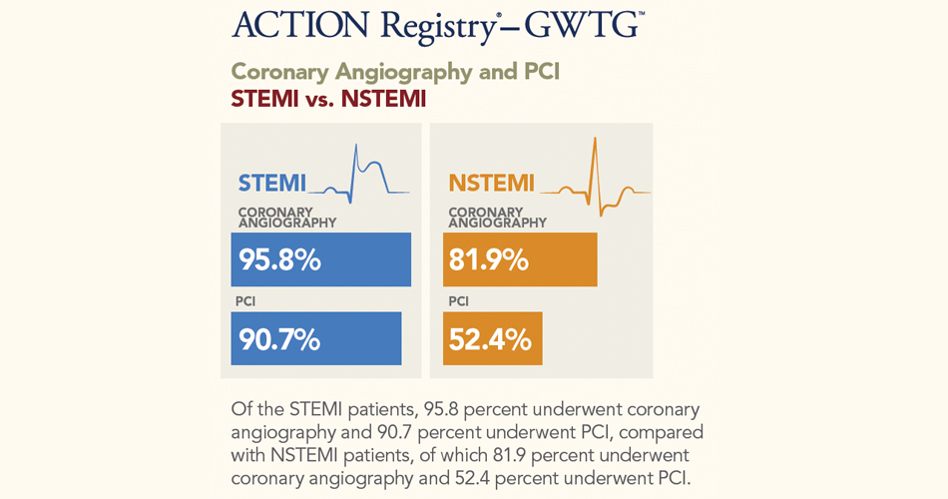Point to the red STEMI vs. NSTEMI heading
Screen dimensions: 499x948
coord(328,100)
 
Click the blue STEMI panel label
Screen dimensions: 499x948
coord(271,184)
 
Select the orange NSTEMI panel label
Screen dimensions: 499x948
coord(491,184)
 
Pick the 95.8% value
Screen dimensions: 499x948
coord(279,259)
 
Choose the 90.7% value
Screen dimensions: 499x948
coord(279,339)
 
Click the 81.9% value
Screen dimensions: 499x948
coord(488,259)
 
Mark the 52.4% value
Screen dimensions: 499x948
coord(490,339)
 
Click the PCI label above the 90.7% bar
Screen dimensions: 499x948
coord(245,301)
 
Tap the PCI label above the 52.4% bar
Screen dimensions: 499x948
coord(458,301)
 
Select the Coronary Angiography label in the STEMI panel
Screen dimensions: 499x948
coord(287,218)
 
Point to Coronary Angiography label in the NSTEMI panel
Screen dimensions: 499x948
coord(498,218)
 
